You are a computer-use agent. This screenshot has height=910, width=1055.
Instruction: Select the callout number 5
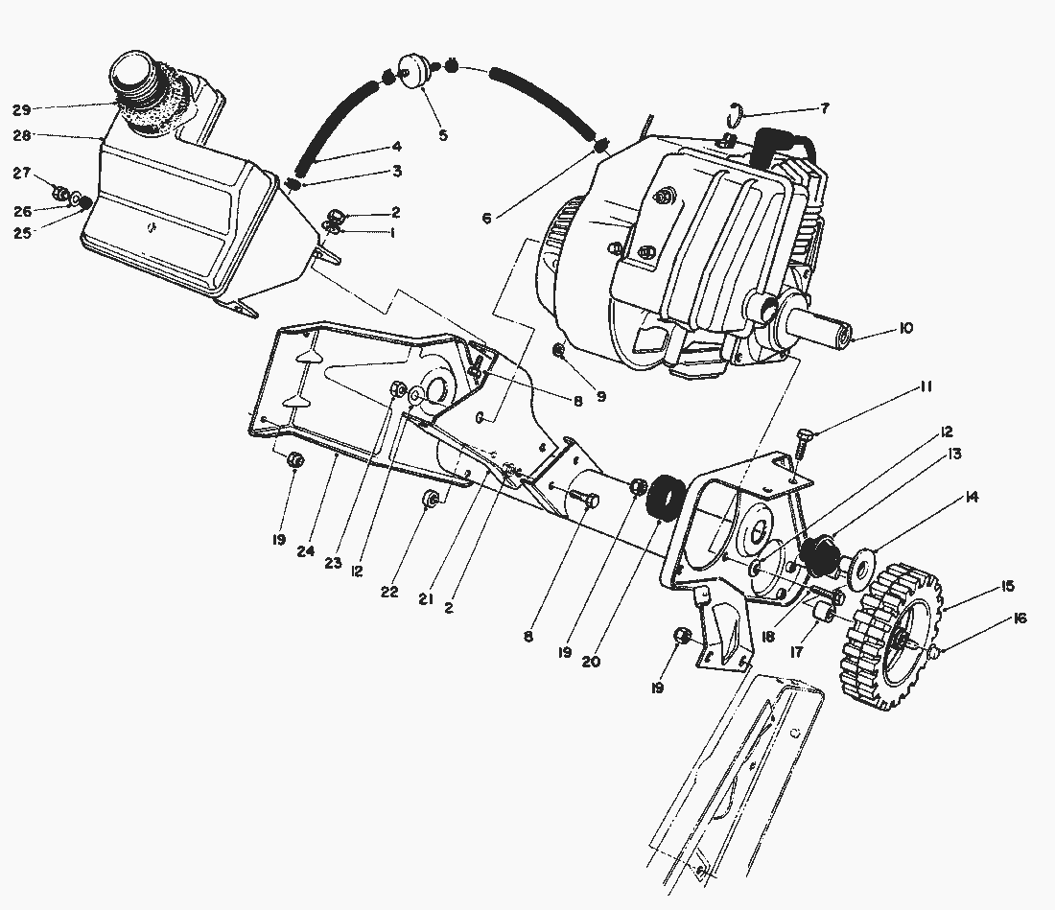[443, 135]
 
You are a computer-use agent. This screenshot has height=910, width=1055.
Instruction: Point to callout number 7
[824, 108]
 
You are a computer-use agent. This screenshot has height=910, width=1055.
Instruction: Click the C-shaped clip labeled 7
[736, 112]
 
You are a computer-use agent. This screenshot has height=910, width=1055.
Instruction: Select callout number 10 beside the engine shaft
[905, 329]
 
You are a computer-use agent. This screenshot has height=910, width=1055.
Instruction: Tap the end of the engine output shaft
[843, 338]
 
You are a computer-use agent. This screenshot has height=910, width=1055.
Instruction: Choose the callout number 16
[1019, 619]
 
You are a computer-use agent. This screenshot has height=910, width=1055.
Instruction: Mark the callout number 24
[306, 551]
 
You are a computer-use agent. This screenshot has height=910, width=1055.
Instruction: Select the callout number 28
[21, 136]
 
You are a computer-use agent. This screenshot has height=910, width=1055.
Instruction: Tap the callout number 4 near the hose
[396, 147]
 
